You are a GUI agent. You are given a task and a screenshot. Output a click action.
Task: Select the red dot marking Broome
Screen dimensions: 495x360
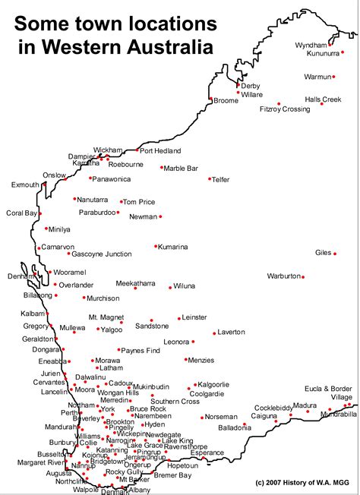pyautogui.click(x=210, y=99)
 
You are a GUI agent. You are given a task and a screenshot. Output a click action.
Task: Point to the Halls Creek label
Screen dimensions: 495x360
pyautogui.click(x=323, y=99)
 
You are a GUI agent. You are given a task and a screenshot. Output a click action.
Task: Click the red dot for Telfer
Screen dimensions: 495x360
pyautogui.click(x=210, y=179)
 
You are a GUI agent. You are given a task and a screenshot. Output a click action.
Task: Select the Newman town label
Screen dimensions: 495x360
pyautogui.click(x=144, y=216)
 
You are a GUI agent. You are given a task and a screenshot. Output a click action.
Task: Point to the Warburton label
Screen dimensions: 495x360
pyautogui.click(x=284, y=276)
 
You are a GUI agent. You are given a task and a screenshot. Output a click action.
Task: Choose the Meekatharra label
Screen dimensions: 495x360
pyautogui.click(x=135, y=283)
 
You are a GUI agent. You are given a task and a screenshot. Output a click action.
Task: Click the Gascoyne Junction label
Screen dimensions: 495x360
pyautogui.click(x=102, y=254)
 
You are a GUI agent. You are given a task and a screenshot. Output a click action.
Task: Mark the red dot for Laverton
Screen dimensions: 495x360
pyautogui.click(x=215, y=332)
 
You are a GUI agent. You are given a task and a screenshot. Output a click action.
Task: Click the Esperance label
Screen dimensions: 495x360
pyautogui.click(x=208, y=452)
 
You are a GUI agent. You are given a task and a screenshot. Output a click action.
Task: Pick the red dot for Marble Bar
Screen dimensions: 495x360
pyautogui.click(x=162, y=168)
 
